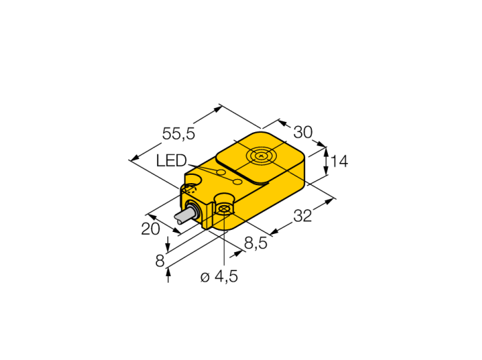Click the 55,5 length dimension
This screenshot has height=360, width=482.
pos(178,134)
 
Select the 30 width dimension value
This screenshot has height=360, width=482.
pos(303,132)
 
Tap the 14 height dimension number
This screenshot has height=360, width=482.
pos(339,161)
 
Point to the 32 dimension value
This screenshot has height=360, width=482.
pos(302,215)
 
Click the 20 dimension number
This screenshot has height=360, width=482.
pos(150,229)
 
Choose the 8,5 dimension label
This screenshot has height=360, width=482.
pos(255,244)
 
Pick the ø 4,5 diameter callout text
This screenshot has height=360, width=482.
pos(219,277)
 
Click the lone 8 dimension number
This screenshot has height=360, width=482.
pos(160,262)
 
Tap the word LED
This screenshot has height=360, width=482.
pos(171,160)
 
